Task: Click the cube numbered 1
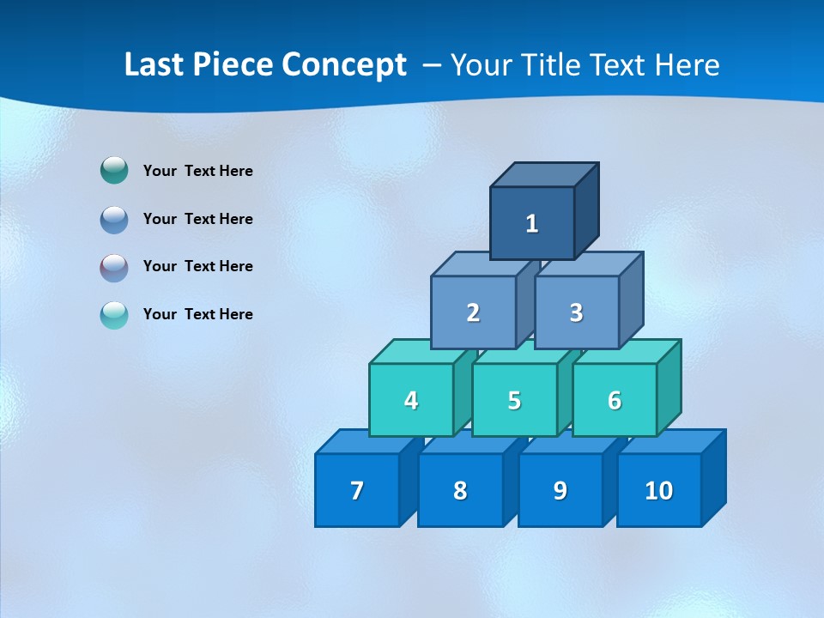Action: [532, 223]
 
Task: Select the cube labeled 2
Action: [473, 312]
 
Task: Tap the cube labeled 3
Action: [576, 312]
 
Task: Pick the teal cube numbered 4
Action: [411, 400]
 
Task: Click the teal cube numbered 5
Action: [514, 400]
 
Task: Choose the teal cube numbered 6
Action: [615, 400]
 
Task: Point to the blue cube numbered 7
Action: [357, 490]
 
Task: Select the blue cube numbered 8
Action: [460, 490]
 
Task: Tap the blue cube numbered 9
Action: [560, 490]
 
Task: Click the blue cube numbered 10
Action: [658, 490]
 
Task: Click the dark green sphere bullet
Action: [114, 171]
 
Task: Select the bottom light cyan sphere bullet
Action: [114, 315]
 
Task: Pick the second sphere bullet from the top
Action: [114, 220]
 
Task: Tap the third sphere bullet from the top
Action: [114, 267]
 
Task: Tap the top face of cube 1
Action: [544, 174]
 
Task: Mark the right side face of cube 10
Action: [714, 477]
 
